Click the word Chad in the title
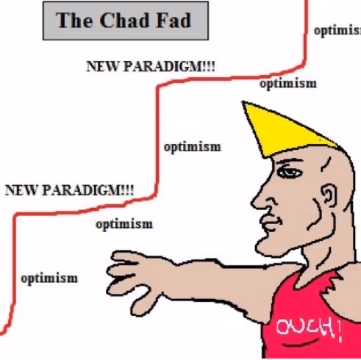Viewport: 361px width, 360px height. point(125,20)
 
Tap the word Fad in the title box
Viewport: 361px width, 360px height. point(174,20)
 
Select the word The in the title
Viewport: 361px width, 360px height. point(74,20)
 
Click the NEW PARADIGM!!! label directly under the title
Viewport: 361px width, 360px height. point(151,66)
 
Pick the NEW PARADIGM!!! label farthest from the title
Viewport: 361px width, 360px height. point(69,190)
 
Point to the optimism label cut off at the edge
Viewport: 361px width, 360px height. point(337,31)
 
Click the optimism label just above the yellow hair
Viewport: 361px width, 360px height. point(288,84)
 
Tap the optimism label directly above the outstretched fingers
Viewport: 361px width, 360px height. point(124,224)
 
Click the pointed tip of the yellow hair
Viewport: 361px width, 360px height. point(243,101)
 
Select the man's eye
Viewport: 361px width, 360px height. point(290,173)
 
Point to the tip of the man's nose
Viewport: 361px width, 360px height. point(252,204)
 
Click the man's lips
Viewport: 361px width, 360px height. point(271,223)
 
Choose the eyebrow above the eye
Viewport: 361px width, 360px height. point(289,161)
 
